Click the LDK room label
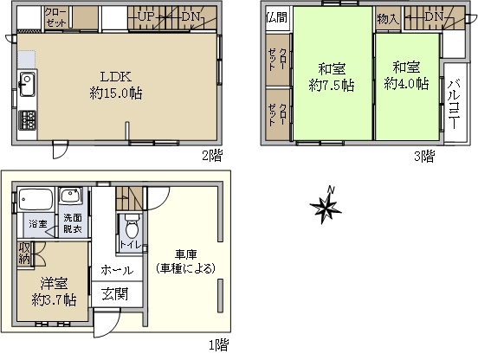(116, 77)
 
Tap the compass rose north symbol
(326, 206)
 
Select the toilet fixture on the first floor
(132, 227)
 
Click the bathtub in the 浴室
(36, 200)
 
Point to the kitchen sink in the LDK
(28, 84)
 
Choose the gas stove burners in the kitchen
(28, 120)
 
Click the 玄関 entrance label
(115, 294)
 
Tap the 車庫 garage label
(185, 254)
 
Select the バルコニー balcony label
(455, 104)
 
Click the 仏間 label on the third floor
(277, 17)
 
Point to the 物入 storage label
(388, 19)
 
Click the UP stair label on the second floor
(146, 16)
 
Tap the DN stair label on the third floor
(434, 16)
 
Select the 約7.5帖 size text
(332, 85)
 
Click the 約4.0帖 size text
(406, 83)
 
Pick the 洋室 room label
(55, 284)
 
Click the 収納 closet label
(24, 253)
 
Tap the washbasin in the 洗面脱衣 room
(70, 196)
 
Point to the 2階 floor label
(212, 156)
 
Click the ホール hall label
(117, 270)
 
